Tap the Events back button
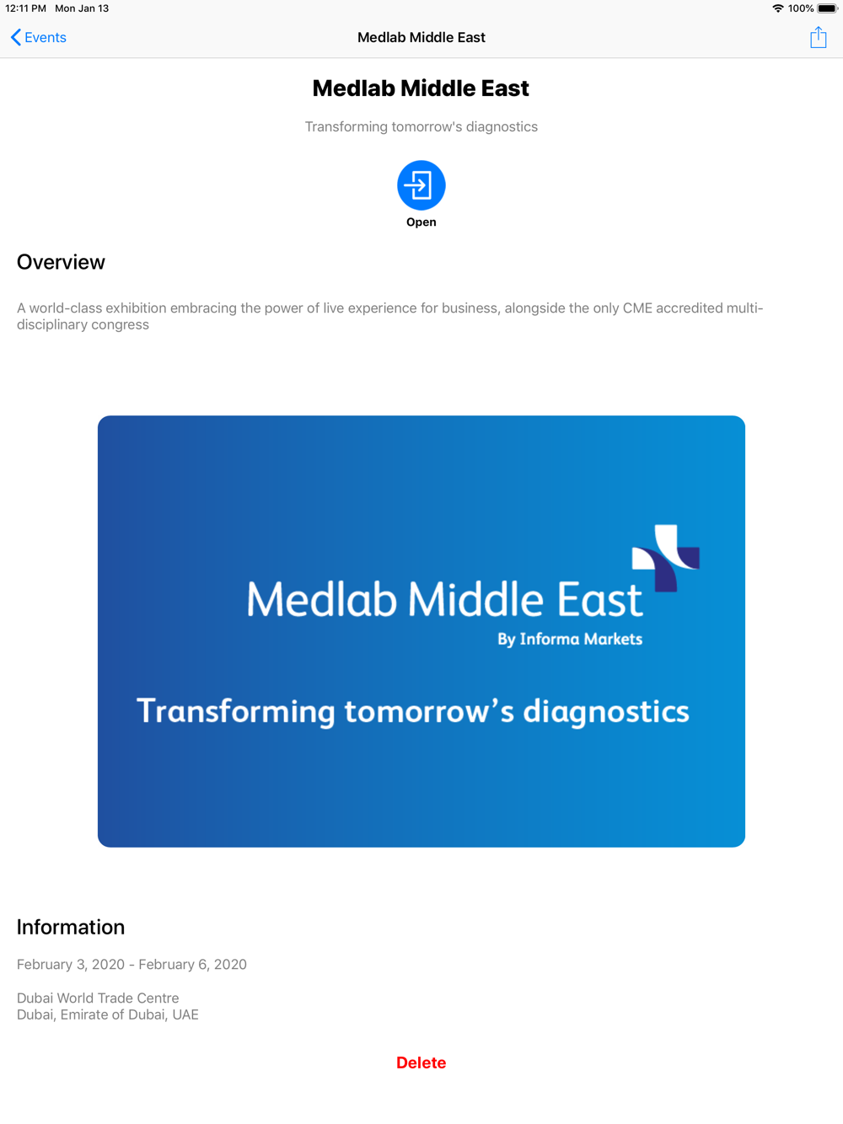[39, 37]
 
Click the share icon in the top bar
[818, 37]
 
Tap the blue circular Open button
[421, 185]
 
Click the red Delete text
[421, 1062]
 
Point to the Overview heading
[61, 262]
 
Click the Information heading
[71, 927]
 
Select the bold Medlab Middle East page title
[421, 88]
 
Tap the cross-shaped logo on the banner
[665, 558]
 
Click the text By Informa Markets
[570, 639]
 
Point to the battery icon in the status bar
[828, 8]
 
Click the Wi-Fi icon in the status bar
[777, 8]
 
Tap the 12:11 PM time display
[25, 8]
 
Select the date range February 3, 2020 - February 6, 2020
[132, 964]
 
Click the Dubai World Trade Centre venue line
[98, 998]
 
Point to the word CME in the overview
[637, 308]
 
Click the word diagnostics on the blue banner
[606, 712]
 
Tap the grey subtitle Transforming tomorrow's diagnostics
[421, 126]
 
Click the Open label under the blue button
[421, 222]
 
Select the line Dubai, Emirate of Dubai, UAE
[108, 1014]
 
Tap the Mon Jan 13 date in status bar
[82, 8]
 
